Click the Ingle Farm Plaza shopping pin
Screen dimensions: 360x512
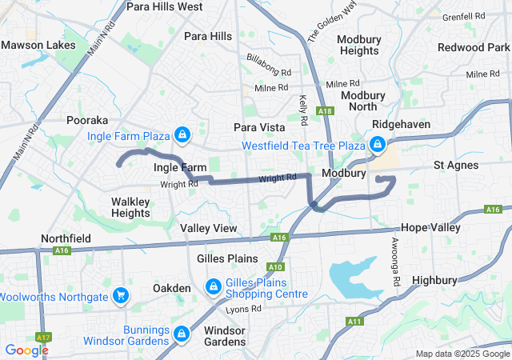(x=182, y=134)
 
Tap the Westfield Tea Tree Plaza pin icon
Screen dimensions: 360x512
(x=376, y=145)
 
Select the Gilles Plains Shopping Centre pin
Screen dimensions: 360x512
(x=214, y=286)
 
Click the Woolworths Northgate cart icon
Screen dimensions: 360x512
(x=121, y=297)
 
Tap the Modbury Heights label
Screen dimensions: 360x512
(x=358, y=45)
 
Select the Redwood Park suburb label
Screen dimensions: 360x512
(x=474, y=48)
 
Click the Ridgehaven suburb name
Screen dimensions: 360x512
(x=402, y=125)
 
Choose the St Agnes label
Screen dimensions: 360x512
(x=456, y=166)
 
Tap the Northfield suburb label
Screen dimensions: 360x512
(x=66, y=239)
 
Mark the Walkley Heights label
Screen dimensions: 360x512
(x=130, y=207)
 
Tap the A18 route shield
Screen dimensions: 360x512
(x=324, y=111)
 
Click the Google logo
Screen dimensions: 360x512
(x=27, y=350)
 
